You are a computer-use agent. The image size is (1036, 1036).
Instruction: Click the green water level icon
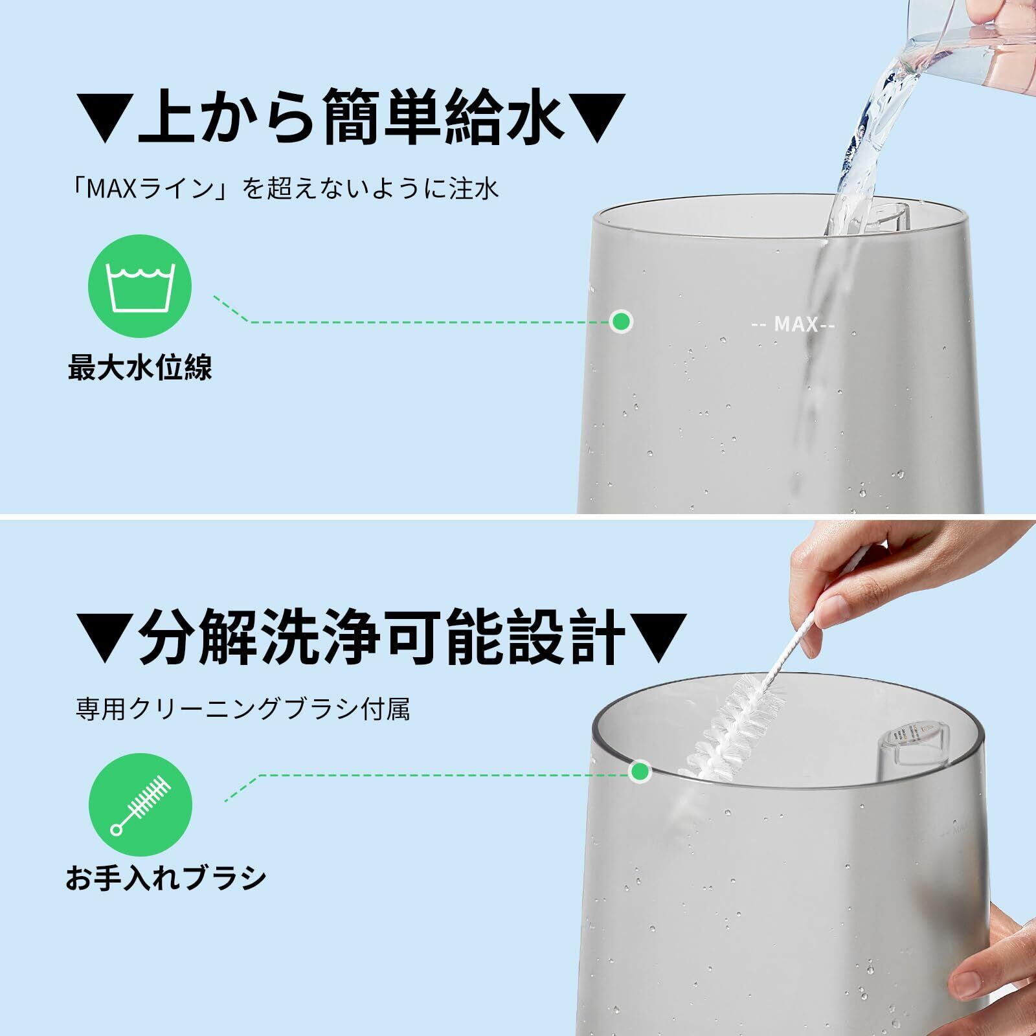140,286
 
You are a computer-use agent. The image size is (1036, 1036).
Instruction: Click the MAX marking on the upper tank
793,324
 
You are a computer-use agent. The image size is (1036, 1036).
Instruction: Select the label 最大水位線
140,368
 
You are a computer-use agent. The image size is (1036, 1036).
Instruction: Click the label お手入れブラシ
166,878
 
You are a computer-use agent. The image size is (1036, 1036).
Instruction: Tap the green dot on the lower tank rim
640,771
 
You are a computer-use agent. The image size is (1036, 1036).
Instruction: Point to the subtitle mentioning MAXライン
285,189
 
